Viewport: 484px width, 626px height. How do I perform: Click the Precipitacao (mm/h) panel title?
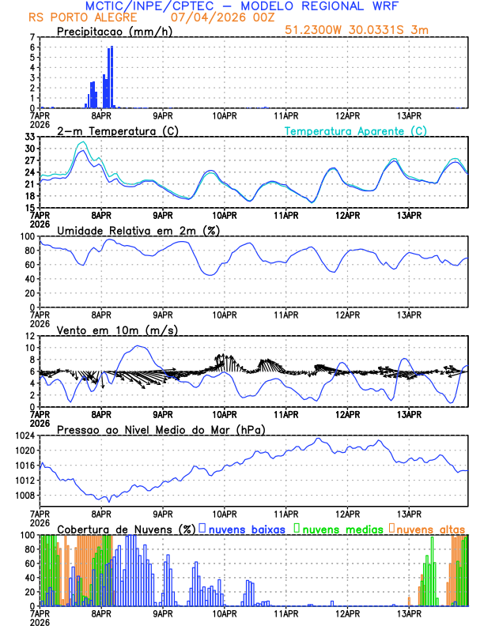(x=114, y=31)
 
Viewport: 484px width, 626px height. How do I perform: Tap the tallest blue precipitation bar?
(x=112, y=77)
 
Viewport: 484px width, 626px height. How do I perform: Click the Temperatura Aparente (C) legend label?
(x=356, y=130)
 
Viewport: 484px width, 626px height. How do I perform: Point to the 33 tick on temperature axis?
(x=31, y=137)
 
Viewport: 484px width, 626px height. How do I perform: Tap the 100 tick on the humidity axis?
(x=28, y=236)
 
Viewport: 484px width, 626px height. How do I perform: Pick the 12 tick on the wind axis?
(x=31, y=336)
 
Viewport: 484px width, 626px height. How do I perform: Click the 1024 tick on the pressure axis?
(x=25, y=436)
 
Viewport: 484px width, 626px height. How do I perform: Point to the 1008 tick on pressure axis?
(x=25, y=496)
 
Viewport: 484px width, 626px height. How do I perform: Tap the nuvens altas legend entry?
(x=426, y=528)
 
